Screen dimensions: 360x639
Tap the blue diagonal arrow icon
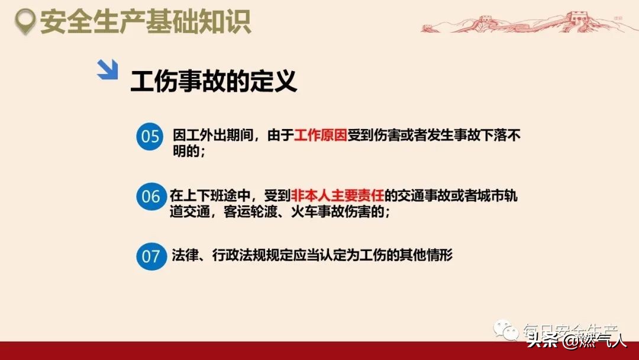(x=107, y=69)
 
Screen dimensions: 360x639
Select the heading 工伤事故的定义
(x=214, y=81)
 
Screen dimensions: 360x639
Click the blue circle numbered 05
(x=150, y=137)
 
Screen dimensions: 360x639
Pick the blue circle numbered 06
(x=151, y=196)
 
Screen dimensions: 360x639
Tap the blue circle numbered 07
(x=151, y=256)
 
